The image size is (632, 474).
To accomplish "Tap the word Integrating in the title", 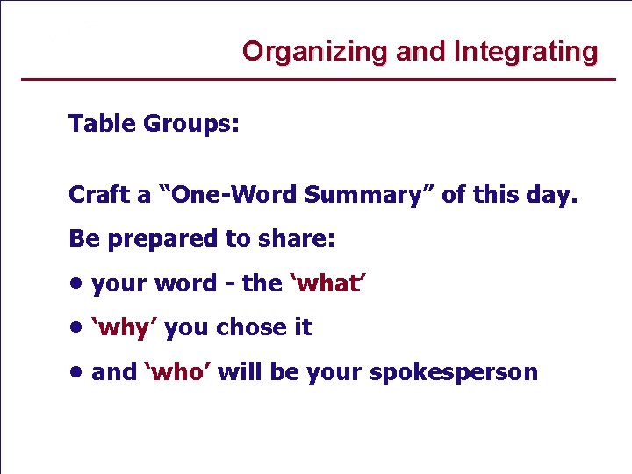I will click(526, 52).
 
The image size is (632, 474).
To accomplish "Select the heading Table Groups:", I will click(154, 124).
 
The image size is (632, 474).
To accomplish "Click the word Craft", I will click(98, 195).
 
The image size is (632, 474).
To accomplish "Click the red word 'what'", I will click(326, 284).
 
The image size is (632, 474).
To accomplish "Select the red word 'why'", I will click(125, 328).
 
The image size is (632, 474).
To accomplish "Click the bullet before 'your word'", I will click(77, 284).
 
